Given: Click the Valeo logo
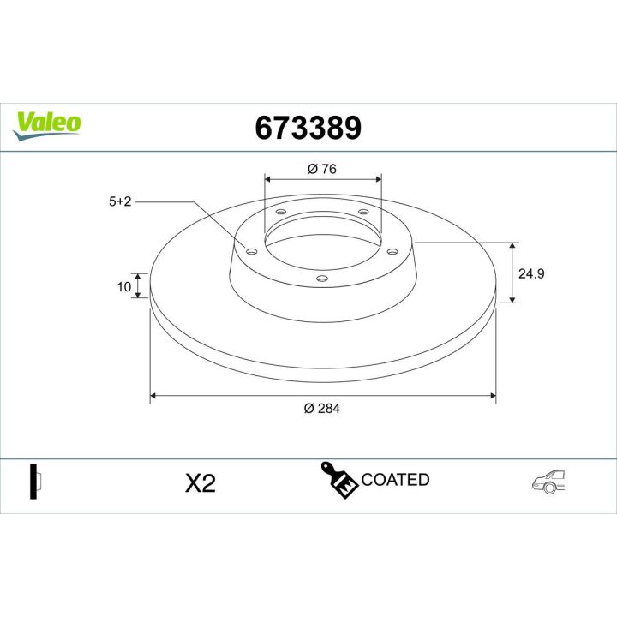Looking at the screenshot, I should coord(47,122).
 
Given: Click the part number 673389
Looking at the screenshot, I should coord(308,128).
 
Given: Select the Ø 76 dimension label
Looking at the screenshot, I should coord(321,169).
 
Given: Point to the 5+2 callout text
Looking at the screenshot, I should coord(119,202).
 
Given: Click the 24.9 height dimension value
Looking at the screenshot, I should coord(532,273).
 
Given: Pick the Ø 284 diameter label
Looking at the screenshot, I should coord(322,409).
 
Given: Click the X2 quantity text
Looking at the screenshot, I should coord(200,483).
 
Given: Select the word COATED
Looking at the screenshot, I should coord(395,480).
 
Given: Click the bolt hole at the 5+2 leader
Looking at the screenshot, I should coord(251,251).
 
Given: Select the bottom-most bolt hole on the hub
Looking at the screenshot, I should coord(322,278).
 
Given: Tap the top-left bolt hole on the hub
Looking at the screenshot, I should coord(281,213).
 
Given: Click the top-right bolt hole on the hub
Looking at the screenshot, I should coord(362,212).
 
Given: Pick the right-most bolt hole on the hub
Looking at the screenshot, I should coord(392,251).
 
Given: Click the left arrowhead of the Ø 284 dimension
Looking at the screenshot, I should coord(155,396).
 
